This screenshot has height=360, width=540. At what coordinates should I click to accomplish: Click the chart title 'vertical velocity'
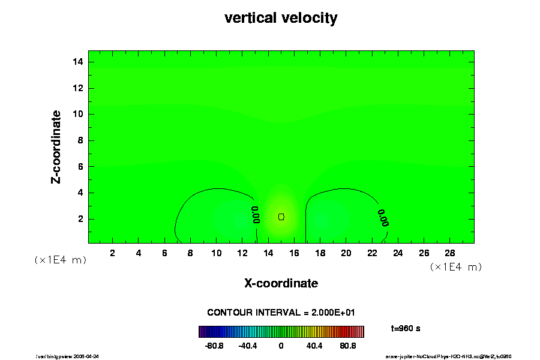[281, 18]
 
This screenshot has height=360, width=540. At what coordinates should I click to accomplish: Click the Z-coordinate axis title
[56, 146]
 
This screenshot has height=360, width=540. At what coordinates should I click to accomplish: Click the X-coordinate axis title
[281, 283]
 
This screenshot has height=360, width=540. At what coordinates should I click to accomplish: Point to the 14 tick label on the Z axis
[77, 62]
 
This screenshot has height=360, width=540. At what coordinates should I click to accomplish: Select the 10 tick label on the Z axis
[77, 114]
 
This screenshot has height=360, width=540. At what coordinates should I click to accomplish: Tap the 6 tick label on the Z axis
[79, 166]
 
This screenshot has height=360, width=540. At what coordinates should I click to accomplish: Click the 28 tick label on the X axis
[449, 253]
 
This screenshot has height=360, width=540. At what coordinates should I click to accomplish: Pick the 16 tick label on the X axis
[293, 253]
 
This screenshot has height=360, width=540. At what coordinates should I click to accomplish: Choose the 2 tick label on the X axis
[112, 253]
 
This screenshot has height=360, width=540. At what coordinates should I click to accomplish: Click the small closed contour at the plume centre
[281, 216]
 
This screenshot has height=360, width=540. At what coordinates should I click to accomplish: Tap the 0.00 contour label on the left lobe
[256, 215]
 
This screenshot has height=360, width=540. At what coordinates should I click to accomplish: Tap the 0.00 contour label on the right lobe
[383, 218]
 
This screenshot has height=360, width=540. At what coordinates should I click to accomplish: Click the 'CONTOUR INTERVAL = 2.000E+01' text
[281, 313]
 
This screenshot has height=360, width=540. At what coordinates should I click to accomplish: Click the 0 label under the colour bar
[281, 346]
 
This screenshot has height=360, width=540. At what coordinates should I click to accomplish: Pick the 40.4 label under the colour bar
[314, 346]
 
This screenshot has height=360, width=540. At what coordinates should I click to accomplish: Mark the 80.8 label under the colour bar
[349, 346]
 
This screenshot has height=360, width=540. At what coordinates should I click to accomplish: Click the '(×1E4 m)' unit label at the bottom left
[60, 260]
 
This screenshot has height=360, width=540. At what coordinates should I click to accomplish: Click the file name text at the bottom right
[448, 356]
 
